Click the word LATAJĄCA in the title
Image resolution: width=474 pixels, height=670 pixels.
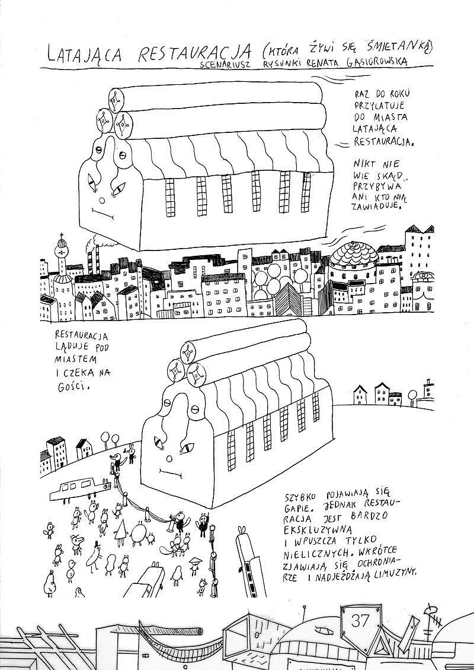(85, 54)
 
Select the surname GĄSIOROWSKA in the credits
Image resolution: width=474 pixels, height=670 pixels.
(377, 62)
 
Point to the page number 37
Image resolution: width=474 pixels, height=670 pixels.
(360, 620)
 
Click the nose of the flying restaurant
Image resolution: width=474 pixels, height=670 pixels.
(101, 200)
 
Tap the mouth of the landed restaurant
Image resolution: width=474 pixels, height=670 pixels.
(171, 472)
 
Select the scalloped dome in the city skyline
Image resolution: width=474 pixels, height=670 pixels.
(354, 256)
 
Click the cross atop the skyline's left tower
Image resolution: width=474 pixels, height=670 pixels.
(62, 236)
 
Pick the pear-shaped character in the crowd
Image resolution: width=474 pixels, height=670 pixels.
(50, 584)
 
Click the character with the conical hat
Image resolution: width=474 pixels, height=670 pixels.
(196, 566)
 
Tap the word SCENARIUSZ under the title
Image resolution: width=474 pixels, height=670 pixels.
(225, 65)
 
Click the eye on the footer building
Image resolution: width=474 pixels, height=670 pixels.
(323, 631)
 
